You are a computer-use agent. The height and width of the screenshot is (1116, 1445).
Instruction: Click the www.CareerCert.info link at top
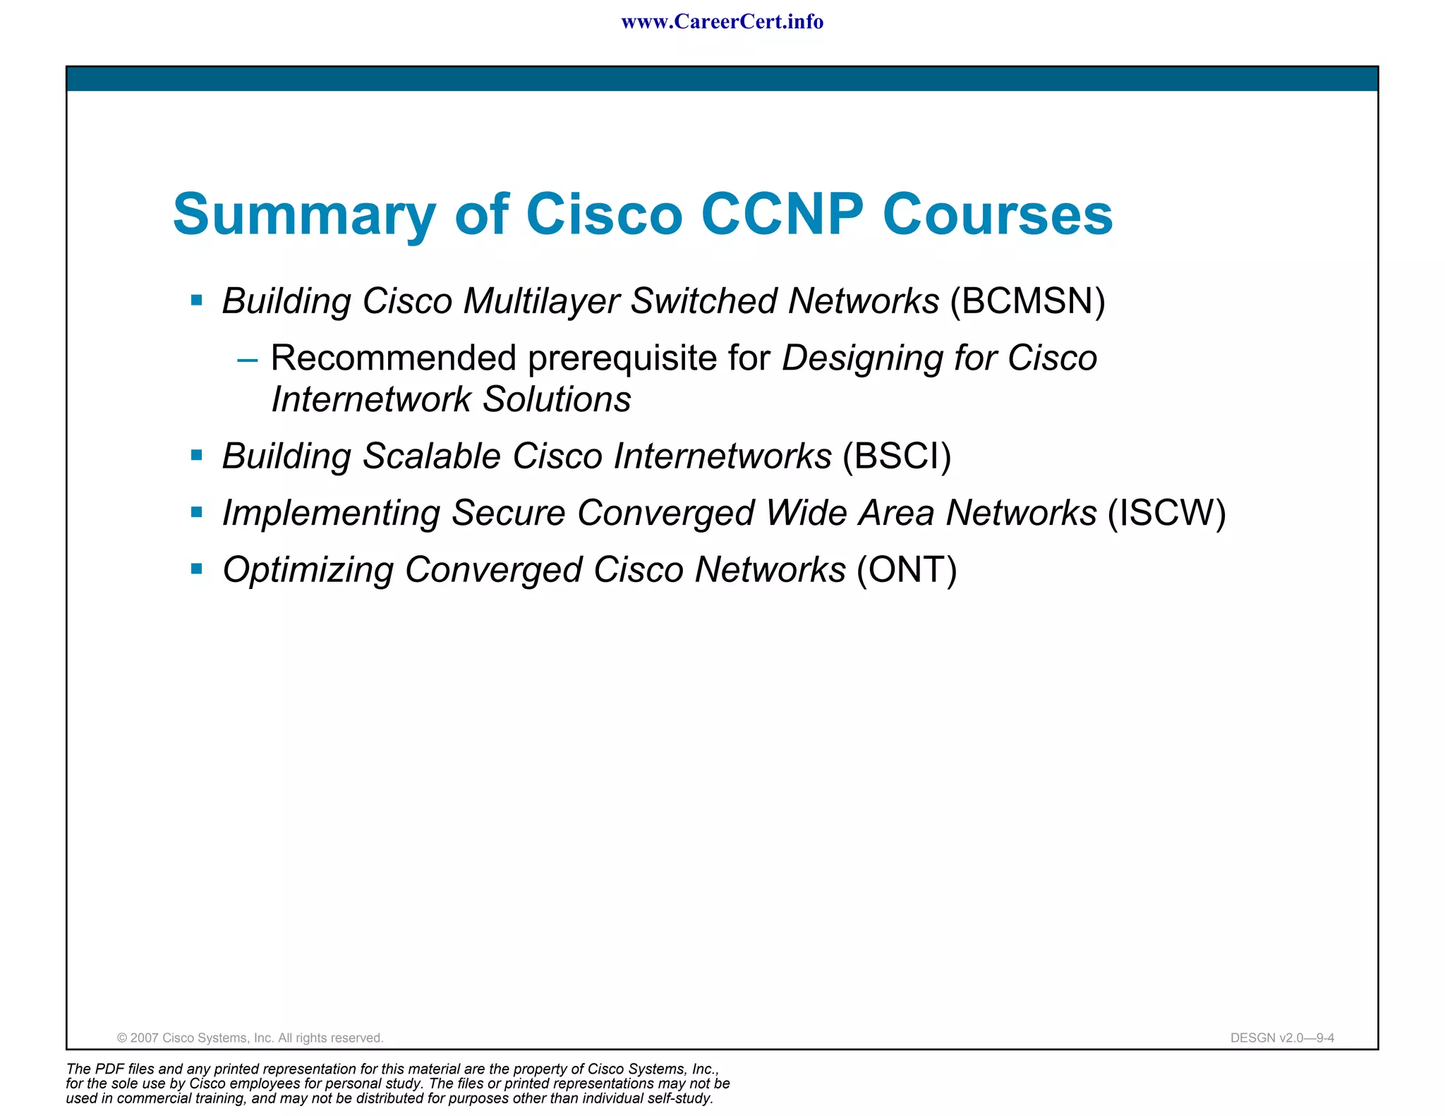722,22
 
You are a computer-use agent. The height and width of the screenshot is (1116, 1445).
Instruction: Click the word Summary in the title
304,214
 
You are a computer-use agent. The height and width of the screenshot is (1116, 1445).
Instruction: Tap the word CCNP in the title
782,214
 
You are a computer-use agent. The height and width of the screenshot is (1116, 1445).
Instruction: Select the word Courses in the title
997,214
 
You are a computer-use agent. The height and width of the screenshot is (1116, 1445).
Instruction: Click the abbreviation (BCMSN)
1027,301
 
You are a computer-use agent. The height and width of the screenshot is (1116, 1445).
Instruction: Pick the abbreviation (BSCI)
897,456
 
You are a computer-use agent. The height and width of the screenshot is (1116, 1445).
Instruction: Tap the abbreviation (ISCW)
1166,513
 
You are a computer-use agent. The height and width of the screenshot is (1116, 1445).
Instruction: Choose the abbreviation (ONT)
907,570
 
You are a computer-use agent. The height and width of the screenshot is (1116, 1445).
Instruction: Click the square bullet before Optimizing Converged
197,569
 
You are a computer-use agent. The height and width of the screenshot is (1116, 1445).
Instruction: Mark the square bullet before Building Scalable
197,456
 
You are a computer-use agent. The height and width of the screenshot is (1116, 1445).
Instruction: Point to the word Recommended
394,358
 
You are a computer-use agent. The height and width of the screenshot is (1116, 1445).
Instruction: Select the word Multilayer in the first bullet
540,301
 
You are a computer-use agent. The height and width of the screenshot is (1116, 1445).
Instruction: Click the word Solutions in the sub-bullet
557,400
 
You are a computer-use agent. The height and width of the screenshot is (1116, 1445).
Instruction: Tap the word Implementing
331,514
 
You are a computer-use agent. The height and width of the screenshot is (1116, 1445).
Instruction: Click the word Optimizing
308,570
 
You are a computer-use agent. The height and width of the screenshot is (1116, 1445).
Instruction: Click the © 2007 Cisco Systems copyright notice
250,1038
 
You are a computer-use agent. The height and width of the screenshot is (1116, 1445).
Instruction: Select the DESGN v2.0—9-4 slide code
1281,1038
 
